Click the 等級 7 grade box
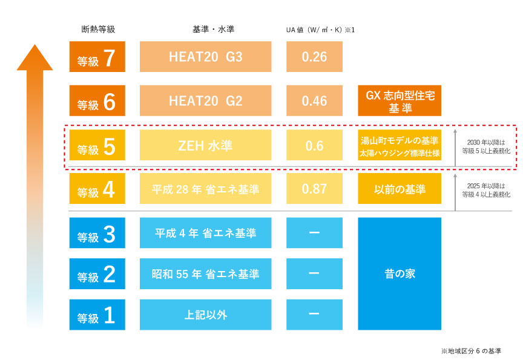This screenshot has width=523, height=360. (x=97, y=57)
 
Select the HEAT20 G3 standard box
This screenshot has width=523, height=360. (x=205, y=57)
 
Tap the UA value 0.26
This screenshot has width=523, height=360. (x=314, y=57)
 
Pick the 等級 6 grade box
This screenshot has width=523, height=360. (x=97, y=100)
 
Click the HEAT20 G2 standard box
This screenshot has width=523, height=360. (x=205, y=100)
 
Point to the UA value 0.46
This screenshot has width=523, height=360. (x=314, y=100)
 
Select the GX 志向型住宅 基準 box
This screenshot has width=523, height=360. (x=400, y=100)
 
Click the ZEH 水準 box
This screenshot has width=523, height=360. (x=205, y=145)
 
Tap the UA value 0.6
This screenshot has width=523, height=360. (x=314, y=145)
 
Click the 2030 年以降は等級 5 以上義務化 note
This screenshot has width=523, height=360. (x=486, y=146)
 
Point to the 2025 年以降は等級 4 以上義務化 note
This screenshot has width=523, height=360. (x=486, y=190)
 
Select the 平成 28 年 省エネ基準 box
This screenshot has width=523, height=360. (x=205, y=188)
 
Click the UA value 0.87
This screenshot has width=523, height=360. (x=314, y=188)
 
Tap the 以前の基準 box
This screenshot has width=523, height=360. (x=400, y=188)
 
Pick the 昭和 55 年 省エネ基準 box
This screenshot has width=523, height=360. (x=205, y=273)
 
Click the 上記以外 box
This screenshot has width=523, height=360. (x=205, y=315)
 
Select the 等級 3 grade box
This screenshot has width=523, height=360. (x=97, y=233)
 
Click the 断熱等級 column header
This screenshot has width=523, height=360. (x=98, y=29)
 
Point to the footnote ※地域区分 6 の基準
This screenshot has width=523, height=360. (x=471, y=351)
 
